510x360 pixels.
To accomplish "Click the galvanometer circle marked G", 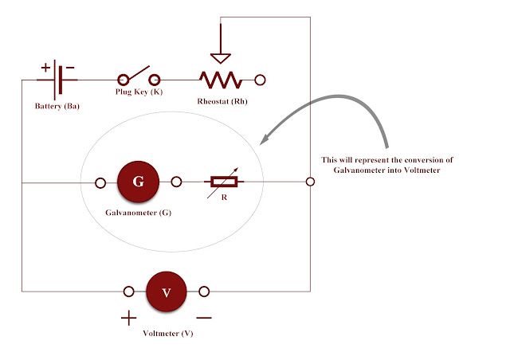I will [139, 182].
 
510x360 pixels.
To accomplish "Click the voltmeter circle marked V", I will [167, 292].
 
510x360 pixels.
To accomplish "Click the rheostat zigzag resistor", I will [220, 80].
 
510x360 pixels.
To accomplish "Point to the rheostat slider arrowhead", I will [220, 57].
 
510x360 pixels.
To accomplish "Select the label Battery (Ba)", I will [57, 106].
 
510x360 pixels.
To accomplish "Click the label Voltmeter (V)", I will [167, 334].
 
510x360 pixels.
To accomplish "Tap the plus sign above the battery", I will [45, 67].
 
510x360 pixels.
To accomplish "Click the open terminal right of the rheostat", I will [259, 80].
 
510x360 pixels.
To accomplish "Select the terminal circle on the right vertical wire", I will [310, 182].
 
